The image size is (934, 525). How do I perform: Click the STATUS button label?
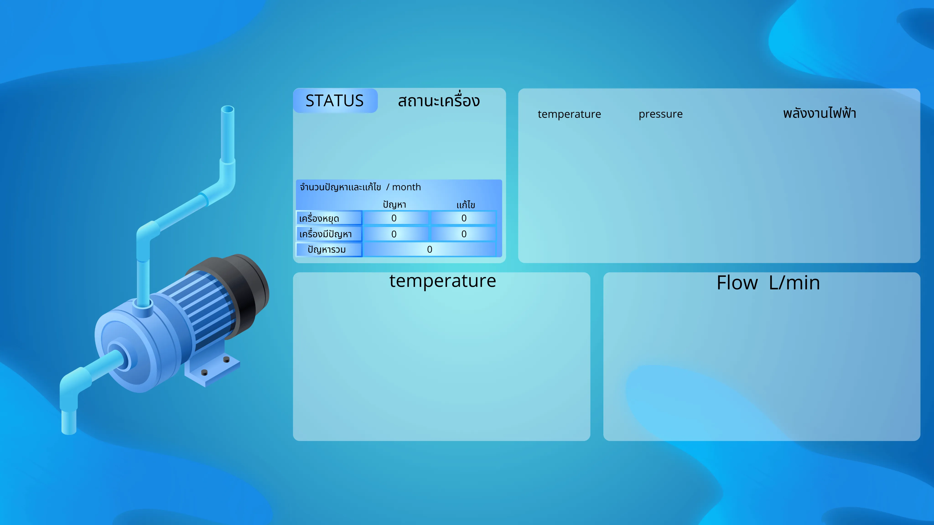point(334,101)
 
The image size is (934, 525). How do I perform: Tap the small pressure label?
point(661,114)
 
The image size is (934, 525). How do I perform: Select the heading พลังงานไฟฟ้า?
point(820,113)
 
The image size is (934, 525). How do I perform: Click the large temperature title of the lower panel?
point(443,281)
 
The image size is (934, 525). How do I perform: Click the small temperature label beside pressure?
point(569,114)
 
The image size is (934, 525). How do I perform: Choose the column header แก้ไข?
point(466,205)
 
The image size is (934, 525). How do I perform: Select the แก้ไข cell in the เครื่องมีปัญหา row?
point(463,234)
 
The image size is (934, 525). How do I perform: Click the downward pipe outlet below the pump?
point(69,422)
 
